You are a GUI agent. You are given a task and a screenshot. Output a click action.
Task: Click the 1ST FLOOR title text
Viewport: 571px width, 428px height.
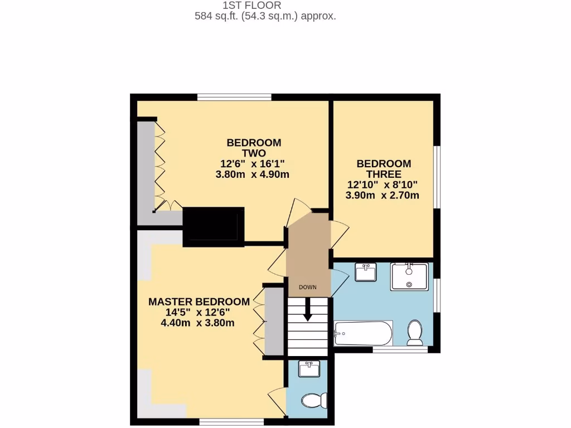click(265, 6)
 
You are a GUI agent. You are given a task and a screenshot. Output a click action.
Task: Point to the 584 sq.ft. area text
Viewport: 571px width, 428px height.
click(265, 16)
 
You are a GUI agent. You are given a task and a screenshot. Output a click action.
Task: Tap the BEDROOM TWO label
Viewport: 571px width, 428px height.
click(254, 148)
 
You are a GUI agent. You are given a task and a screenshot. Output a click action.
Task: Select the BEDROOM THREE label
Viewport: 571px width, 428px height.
click(384, 169)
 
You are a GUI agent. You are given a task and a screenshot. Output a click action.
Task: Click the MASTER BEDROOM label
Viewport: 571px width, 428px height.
click(199, 301)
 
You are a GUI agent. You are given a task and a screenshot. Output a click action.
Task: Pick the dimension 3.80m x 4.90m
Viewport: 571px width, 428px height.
click(252, 174)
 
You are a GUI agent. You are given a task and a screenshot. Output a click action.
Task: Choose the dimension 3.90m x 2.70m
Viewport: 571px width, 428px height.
click(382, 196)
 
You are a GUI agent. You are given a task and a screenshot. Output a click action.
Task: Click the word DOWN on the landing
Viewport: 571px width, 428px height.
click(307, 288)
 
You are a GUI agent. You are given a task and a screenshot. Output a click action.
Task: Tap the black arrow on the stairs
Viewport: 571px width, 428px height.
click(307, 313)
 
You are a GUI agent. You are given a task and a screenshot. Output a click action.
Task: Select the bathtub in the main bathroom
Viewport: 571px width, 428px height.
click(363, 333)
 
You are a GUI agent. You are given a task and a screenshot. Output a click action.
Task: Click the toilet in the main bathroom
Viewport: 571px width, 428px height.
click(415, 333)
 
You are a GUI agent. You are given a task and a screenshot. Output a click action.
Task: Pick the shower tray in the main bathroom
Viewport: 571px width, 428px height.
click(409, 276)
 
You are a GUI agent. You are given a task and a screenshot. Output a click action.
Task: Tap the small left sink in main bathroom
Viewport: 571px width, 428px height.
click(365, 273)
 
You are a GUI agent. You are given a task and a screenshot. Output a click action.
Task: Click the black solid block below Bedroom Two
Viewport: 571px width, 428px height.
click(213, 226)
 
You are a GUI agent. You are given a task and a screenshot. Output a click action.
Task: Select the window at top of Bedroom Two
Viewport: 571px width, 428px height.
click(234, 98)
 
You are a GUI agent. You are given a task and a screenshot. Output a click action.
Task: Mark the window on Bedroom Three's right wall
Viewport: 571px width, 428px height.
click(438, 178)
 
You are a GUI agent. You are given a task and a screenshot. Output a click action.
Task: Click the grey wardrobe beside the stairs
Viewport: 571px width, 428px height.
click(274, 322)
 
